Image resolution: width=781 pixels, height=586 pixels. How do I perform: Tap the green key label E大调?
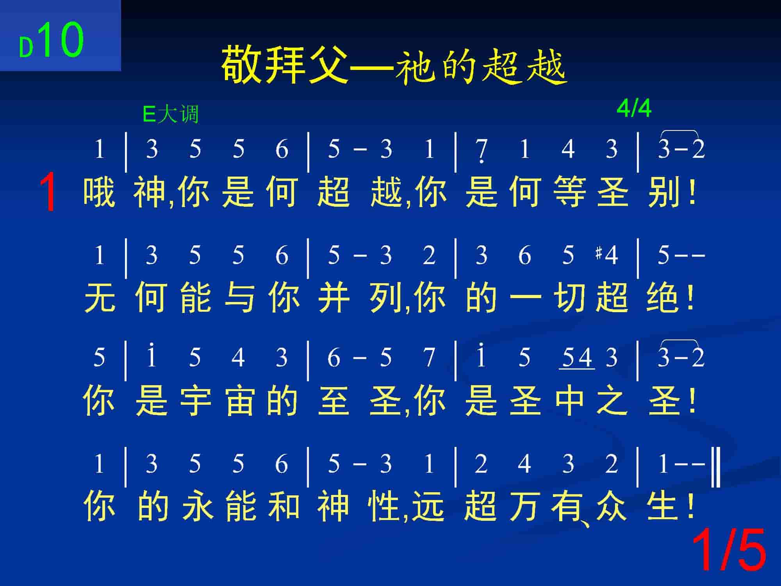point(171,114)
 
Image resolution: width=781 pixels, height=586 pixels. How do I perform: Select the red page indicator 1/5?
point(729,550)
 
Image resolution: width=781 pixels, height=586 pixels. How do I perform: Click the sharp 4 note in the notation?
point(607,255)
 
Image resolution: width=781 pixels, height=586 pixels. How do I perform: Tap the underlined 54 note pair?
point(577,358)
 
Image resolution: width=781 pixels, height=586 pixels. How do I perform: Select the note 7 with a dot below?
point(482,150)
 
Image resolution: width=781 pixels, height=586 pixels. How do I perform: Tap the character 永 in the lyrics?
point(198,506)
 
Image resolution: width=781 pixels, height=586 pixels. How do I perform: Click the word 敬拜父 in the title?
point(284,65)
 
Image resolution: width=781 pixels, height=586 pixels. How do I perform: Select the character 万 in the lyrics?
point(525,506)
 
